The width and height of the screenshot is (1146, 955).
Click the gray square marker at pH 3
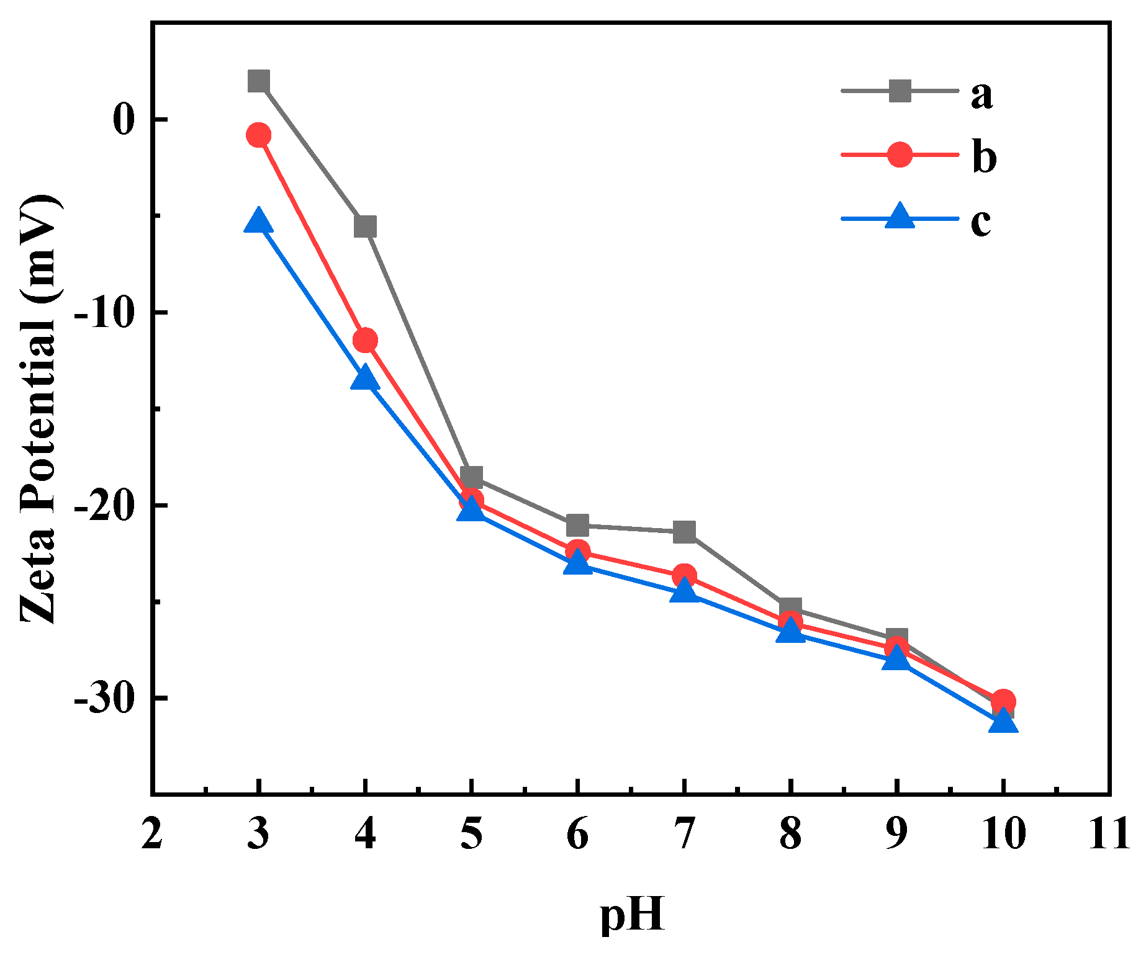click(x=258, y=81)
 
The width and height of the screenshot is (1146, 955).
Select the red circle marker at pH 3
click(x=258, y=135)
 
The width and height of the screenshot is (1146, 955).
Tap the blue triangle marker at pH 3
click(x=258, y=221)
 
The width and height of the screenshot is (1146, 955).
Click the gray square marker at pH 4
click(x=365, y=226)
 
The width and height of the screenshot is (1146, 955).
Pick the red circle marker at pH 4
click(x=365, y=340)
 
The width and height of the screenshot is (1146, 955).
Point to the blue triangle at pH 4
click(x=365, y=378)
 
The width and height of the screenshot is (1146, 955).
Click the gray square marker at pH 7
click(x=684, y=532)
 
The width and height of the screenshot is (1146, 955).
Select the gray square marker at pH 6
click(x=577, y=525)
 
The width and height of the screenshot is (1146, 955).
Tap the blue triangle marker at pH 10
click(x=1003, y=722)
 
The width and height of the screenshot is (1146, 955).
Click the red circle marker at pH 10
click(x=1003, y=702)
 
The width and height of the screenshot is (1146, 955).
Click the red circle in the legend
click(x=900, y=155)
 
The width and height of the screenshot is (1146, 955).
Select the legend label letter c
click(x=981, y=222)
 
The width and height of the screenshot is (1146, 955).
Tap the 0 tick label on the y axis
click(x=124, y=119)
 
